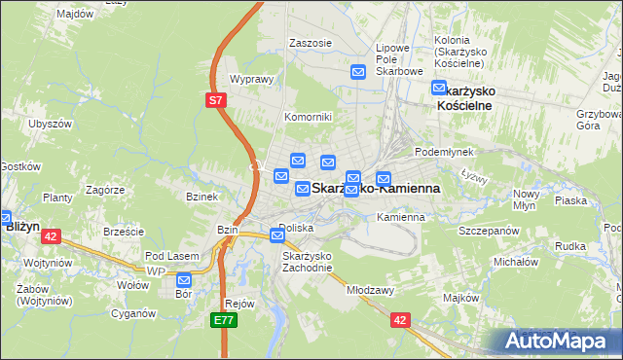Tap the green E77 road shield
pos(224,318)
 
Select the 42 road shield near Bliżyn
pos(52,235)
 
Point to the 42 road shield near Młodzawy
pos(400,318)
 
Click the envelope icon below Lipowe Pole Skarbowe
pos(358,72)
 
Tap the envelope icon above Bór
pos(184,280)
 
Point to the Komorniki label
pos(309,117)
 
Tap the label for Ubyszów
pos(51,124)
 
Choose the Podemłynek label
pos(444,152)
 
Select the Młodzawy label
pos(370,290)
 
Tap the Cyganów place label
pos(134,313)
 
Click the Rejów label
pos(238,303)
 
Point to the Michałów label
pos(516,262)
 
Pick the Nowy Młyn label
pos(527,199)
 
